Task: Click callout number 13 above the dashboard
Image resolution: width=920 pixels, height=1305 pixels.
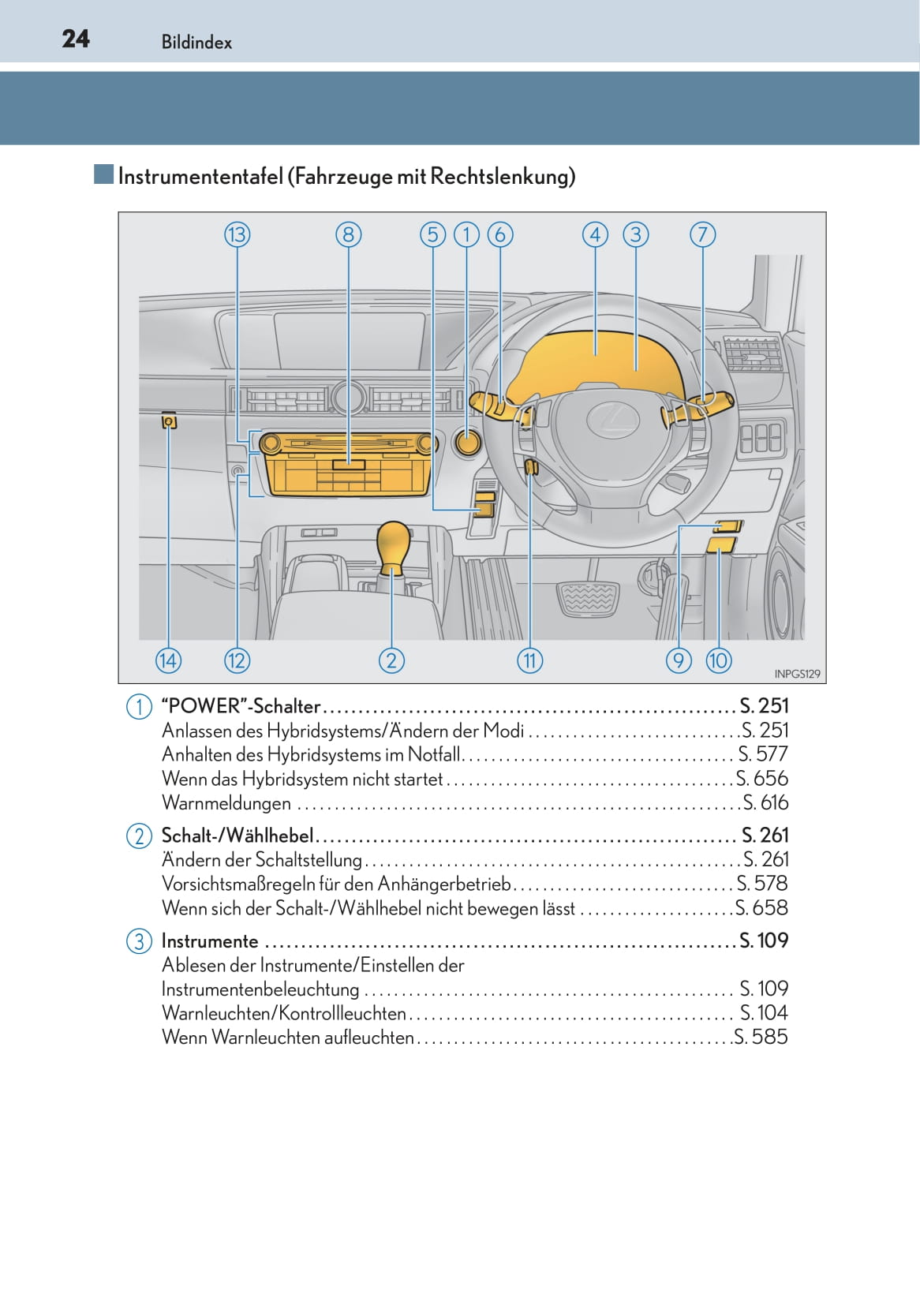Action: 237,235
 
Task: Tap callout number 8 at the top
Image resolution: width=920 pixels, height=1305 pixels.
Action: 349,235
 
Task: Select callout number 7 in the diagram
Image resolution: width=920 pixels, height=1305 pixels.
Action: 703,235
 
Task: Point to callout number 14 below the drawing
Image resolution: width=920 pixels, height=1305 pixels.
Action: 168,660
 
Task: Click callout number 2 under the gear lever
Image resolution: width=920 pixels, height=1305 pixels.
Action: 391,660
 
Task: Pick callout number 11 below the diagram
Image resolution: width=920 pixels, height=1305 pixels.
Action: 529,660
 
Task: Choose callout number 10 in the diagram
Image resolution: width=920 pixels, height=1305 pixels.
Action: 718,660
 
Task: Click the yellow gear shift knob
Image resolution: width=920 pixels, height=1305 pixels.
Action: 393,544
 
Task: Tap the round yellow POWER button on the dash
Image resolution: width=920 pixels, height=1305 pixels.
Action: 467,443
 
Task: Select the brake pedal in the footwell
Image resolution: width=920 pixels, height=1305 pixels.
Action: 588,598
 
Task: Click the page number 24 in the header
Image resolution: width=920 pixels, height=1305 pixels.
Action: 76,39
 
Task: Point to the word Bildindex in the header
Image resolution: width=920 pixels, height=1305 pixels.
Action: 196,43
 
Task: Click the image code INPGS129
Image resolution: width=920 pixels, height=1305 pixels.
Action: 797,674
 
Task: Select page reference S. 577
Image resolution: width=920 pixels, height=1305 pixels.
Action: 763,754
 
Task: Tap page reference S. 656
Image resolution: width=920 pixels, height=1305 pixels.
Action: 761,778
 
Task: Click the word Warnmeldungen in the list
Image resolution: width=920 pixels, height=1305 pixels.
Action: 226,803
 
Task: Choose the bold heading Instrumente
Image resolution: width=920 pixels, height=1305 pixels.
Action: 210,941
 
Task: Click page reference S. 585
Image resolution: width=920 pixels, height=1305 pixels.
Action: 761,1037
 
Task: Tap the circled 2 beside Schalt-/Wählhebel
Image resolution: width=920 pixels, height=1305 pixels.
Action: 139,836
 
